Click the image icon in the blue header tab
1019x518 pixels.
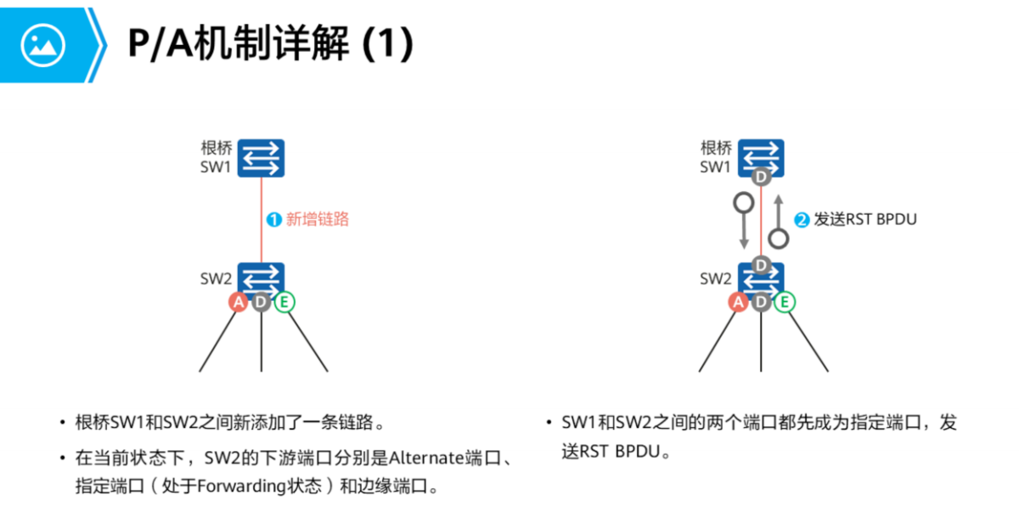pyautogui.click(x=43, y=44)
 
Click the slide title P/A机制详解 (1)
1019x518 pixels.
pyautogui.click(x=271, y=44)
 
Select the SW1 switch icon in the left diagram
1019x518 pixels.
pyautogui.click(x=261, y=158)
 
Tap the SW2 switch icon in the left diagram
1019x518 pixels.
pyautogui.click(x=261, y=279)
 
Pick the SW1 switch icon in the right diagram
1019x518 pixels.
pyautogui.click(x=761, y=156)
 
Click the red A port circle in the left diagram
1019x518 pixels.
pyautogui.click(x=238, y=301)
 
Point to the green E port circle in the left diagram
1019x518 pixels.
pyautogui.click(x=284, y=301)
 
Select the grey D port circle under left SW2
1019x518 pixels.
pyautogui.click(x=261, y=301)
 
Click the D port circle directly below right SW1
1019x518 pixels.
pyautogui.click(x=761, y=177)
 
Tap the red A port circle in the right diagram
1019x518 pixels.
pyautogui.click(x=738, y=301)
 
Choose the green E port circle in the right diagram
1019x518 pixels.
pyautogui.click(x=785, y=301)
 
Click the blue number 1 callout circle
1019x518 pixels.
pyautogui.click(x=273, y=219)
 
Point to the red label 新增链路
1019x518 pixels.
pyautogui.click(x=318, y=219)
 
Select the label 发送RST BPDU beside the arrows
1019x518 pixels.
pyautogui.click(x=866, y=219)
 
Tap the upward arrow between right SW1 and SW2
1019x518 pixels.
pyautogui.click(x=777, y=219)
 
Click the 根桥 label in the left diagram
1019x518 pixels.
pyautogui.click(x=217, y=148)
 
